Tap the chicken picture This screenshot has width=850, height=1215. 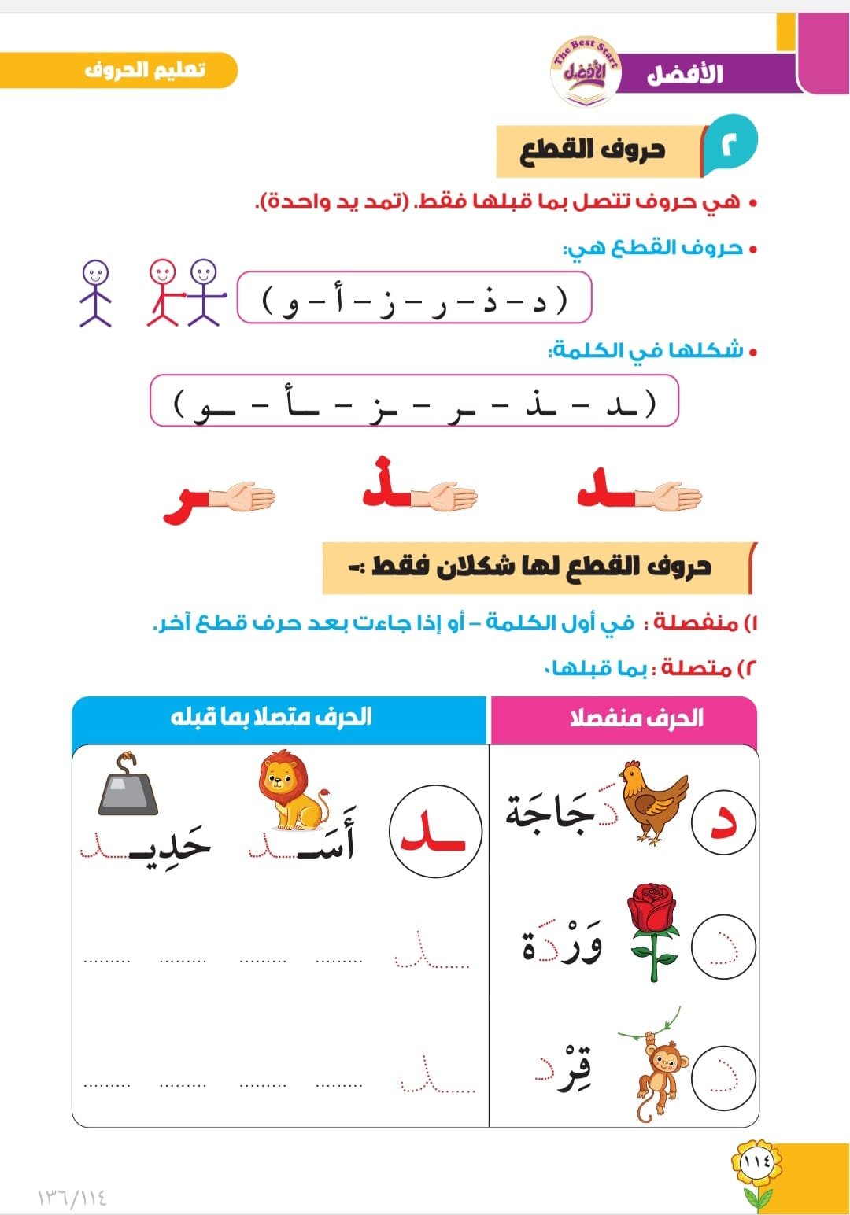point(652,803)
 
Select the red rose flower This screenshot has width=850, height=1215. point(653,930)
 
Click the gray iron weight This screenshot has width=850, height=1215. point(128,787)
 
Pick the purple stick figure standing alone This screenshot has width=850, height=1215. point(95,293)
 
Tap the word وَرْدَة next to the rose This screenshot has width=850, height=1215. point(562,943)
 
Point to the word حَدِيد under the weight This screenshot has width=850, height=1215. point(169,846)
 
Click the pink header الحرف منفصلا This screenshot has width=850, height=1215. point(636,718)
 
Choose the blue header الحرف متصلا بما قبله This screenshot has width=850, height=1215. point(272,717)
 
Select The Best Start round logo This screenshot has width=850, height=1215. point(586,71)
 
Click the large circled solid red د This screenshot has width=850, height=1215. point(723,822)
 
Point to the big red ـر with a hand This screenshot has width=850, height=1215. point(189,504)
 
